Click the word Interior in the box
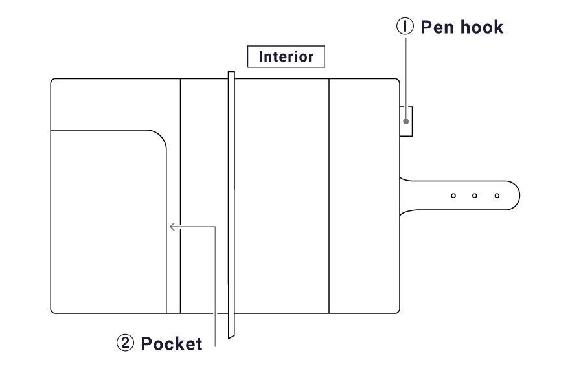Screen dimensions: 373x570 click(x=286, y=56)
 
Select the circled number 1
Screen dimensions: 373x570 click(x=405, y=27)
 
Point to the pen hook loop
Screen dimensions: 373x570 click(x=406, y=122)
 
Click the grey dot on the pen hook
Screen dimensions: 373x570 click(x=406, y=121)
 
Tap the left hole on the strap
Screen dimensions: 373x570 click(x=453, y=194)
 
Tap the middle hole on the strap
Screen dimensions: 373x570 click(x=475, y=194)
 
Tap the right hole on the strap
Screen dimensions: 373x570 click(x=497, y=194)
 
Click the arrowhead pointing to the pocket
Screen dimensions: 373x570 click(x=172, y=226)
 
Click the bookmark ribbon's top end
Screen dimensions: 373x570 click(x=231, y=74)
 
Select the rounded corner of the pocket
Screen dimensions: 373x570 click(x=159, y=137)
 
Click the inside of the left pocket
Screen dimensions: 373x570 click(x=107, y=220)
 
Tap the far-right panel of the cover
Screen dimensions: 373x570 click(x=364, y=194)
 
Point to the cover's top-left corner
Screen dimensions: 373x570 click(x=53, y=81)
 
